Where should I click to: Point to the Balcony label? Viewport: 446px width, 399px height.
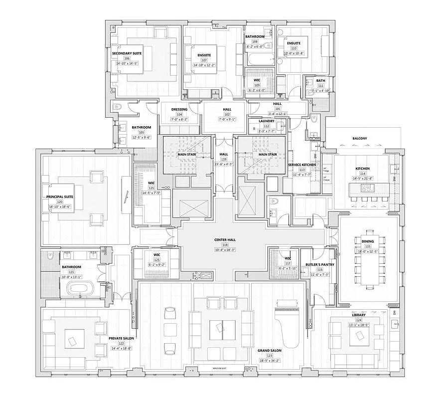pyautogui.click(x=359, y=139)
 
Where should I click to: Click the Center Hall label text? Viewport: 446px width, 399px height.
pyautogui.click(x=224, y=239)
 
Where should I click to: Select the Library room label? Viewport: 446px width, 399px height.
pyautogui.click(x=358, y=315)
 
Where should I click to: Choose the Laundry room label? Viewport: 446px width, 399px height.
pyautogui.click(x=267, y=121)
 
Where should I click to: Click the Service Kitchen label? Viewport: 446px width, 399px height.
pyautogui.click(x=302, y=165)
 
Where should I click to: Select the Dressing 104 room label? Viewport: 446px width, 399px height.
pyautogui.click(x=179, y=109)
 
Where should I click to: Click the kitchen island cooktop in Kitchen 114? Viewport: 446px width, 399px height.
pyautogui.click(x=367, y=188)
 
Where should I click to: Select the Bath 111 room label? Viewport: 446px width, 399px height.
pyautogui.click(x=320, y=81)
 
